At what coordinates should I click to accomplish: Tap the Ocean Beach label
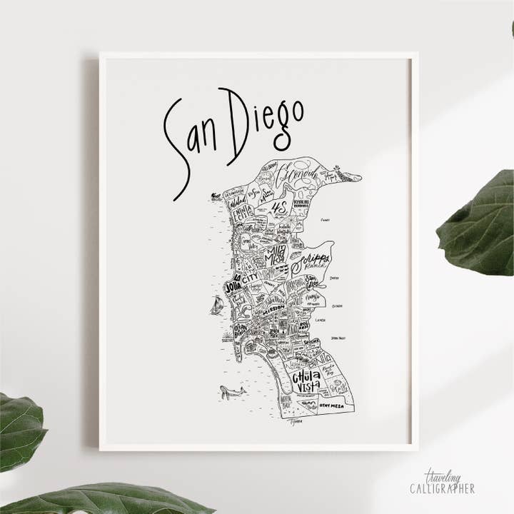click(x=239, y=329)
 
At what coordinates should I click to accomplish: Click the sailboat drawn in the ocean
click(x=216, y=306)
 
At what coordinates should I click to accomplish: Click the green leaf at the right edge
click(x=477, y=221)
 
